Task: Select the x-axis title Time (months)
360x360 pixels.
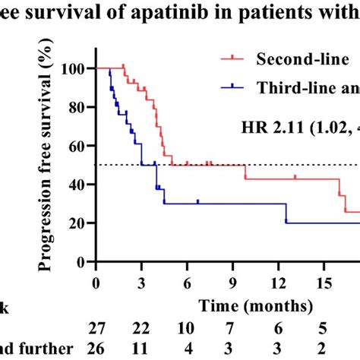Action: click(x=256, y=306)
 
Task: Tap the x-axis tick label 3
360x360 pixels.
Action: click(x=141, y=282)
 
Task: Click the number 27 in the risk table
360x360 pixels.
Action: click(x=96, y=328)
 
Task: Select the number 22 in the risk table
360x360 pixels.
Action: click(x=141, y=328)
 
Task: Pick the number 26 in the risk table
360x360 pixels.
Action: click(x=96, y=349)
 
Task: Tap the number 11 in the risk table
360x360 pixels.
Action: click(x=141, y=349)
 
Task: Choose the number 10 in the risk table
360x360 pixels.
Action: click(x=187, y=328)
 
